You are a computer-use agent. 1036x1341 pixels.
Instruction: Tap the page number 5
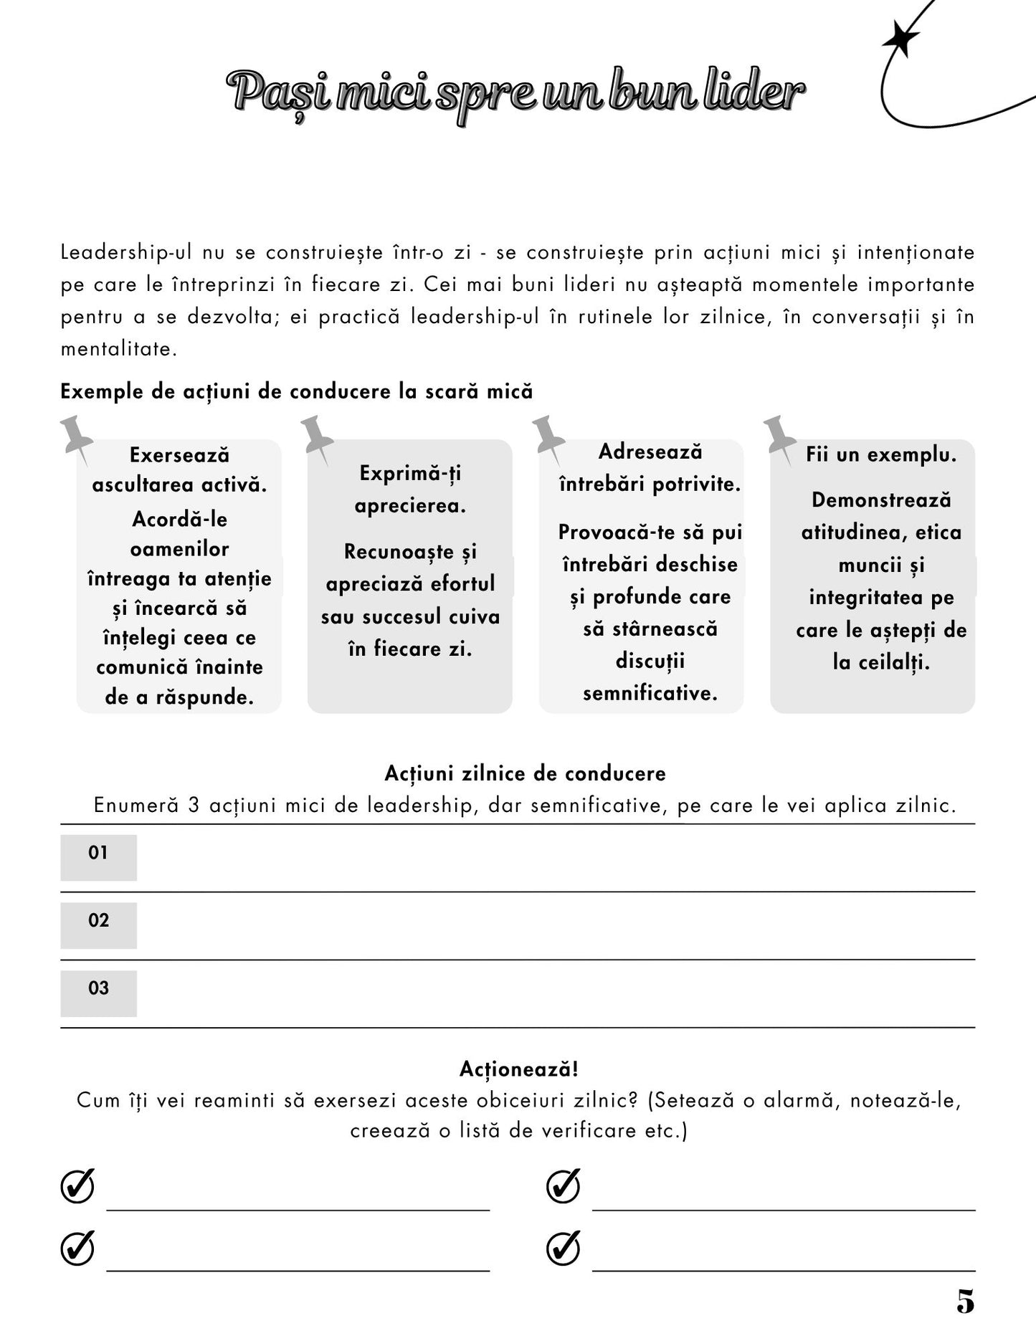(x=965, y=1302)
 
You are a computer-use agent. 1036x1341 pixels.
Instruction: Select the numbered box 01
(x=98, y=856)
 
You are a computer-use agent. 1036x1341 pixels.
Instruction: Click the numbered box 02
(x=98, y=925)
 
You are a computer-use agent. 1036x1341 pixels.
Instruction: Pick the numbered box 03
(x=98, y=993)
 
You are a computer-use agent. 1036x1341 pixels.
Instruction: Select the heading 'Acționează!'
(x=518, y=1069)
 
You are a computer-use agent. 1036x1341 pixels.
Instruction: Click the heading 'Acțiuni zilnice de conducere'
(x=525, y=773)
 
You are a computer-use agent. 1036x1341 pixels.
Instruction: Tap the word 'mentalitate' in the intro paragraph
(x=117, y=350)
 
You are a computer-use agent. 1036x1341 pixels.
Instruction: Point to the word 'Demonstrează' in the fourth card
(x=881, y=500)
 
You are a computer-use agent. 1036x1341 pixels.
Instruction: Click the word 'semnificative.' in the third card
(x=650, y=693)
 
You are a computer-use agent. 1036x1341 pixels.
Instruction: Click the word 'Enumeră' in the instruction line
(x=136, y=806)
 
